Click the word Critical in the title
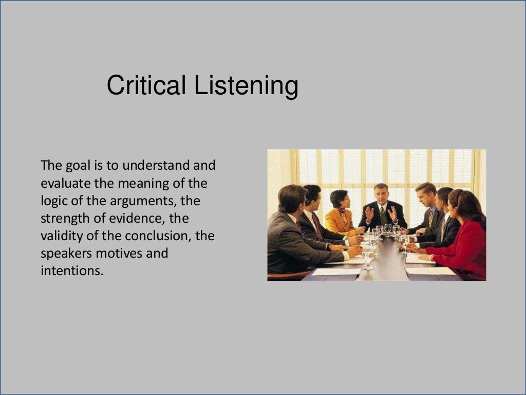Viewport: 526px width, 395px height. (146, 85)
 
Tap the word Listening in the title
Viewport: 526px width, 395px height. (246, 86)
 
